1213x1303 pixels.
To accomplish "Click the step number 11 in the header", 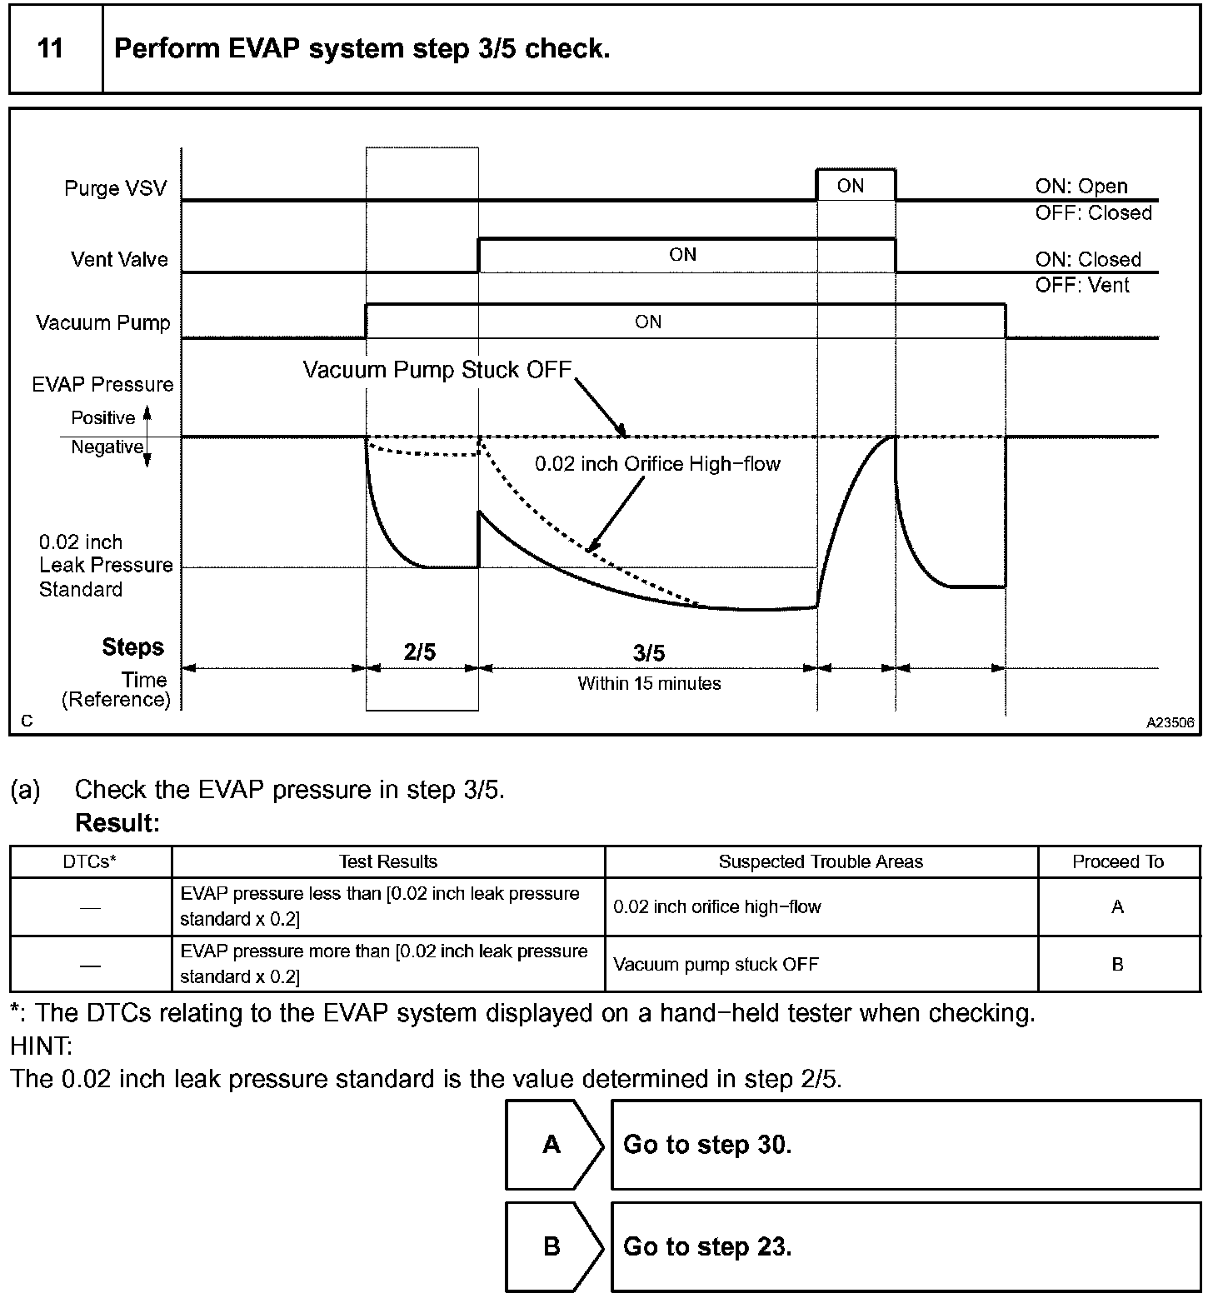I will tap(51, 48).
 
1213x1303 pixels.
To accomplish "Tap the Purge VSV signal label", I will tap(115, 188).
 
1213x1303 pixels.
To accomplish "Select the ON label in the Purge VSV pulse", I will tap(850, 186).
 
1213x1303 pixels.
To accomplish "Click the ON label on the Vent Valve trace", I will tap(682, 255).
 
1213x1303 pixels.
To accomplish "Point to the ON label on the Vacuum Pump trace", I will tap(648, 322).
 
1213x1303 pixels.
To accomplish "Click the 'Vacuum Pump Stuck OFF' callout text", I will tap(437, 370).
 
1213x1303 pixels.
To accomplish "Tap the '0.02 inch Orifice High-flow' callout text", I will tap(657, 464).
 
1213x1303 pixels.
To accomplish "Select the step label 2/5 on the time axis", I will tap(420, 652).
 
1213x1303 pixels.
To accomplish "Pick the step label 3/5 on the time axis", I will tap(648, 652).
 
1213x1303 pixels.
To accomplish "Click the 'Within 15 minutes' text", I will tap(649, 684).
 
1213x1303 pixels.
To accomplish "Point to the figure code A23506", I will tap(1170, 723).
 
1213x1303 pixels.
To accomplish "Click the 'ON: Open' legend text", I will tap(1081, 187).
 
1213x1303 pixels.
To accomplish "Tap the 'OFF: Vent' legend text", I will tap(1081, 286).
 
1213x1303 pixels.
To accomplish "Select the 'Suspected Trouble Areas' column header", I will tap(821, 862).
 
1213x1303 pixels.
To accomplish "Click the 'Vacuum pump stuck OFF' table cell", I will tap(716, 965).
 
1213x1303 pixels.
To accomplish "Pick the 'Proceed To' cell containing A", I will tap(1117, 906).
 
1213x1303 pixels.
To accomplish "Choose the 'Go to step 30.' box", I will tap(905, 1145).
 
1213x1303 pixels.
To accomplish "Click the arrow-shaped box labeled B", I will tap(552, 1246).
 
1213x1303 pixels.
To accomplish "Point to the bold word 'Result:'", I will tap(117, 823).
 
